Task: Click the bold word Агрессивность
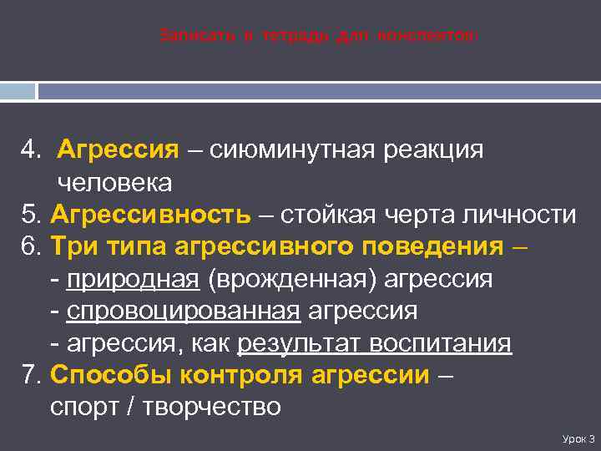tap(150, 215)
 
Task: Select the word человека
tap(114, 182)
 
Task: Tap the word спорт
tap(83, 408)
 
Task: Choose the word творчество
tap(212, 408)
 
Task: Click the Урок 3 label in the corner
tap(578, 438)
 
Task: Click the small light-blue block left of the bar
tap(18, 90)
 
